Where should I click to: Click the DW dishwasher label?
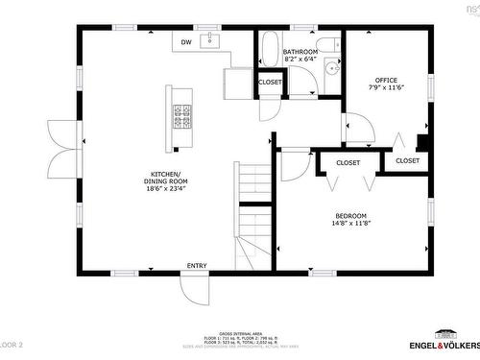(x=186, y=41)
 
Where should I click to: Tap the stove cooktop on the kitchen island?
(x=182, y=116)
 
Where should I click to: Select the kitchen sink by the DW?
(x=212, y=40)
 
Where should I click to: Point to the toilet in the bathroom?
(x=326, y=45)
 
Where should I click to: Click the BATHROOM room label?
(x=300, y=51)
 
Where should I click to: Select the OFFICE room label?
(x=386, y=80)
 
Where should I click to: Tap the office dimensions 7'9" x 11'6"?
(x=386, y=87)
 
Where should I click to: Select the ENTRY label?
(x=197, y=266)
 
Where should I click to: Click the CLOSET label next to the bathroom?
(x=270, y=83)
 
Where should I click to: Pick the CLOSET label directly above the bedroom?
(x=348, y=163)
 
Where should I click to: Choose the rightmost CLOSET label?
(x=408, y=160)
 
